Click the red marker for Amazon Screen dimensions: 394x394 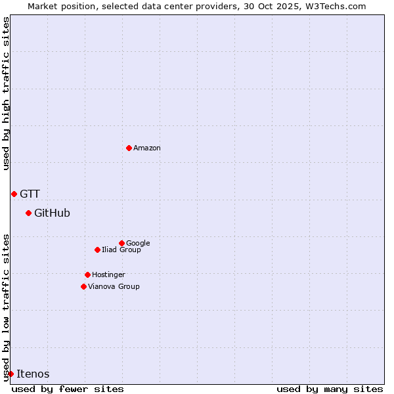point(129,148)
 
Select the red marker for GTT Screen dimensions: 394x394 point(14,194)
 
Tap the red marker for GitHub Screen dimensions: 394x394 point(28,213)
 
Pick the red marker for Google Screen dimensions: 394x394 point(121,243)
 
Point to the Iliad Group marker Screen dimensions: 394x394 point(97,250)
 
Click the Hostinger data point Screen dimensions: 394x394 point(87,274)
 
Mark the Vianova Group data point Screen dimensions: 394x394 point(83,286)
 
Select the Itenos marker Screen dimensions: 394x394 point(11,374)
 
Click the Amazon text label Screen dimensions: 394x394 point(147,148)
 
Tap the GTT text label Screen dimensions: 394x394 point(30,194)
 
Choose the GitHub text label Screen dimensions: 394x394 point(52,213)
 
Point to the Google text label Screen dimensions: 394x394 point(138,243)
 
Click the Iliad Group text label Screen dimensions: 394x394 point(121,250)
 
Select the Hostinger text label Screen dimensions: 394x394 point(108,274)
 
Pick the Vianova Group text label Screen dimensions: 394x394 point(114,286)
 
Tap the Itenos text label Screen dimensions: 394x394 point(33,374)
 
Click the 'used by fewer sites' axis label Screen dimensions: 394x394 point(68,389)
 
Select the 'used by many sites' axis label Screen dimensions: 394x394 point(330,389)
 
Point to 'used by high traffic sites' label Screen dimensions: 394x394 point(6,93)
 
